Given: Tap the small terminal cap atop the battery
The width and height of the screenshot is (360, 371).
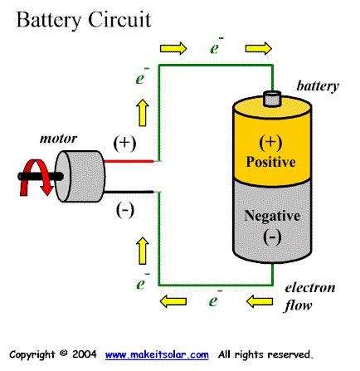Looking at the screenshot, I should (x=272, y=99).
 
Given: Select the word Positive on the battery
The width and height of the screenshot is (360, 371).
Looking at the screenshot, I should (x=271, y=160).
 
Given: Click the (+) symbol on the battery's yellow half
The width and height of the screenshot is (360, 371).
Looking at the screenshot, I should (x=271, y=140).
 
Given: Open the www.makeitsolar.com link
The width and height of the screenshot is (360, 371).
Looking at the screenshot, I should (x=158, y=354).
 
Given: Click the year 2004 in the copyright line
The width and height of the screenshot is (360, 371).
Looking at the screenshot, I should (x=85, y=354).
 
